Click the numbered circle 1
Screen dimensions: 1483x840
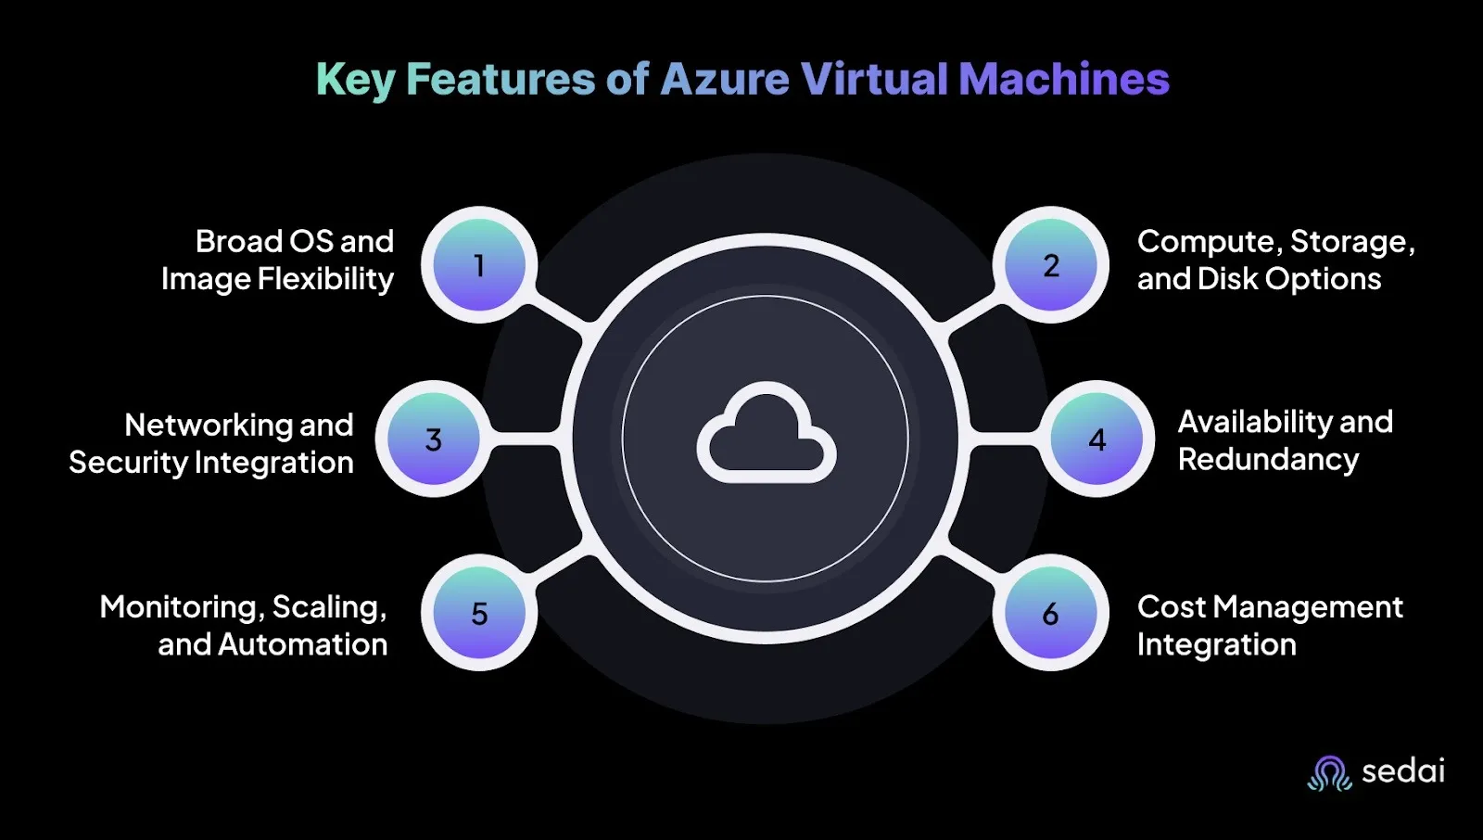(x=479, y=265)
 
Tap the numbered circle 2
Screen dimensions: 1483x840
(x=1051, y=265)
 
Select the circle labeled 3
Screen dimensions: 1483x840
(x=434, y=439)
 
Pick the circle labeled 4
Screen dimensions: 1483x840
(x=1097, y=439)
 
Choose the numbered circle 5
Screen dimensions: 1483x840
(x=479, y=613)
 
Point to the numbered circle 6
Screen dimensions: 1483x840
(x=1051, y=613)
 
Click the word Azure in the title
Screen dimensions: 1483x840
(x=725, y=79)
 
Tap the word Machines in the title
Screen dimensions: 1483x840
(x=1064, y=79)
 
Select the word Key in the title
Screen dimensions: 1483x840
(x=356, y=81)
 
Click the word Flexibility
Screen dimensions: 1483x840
(x=325, y=279)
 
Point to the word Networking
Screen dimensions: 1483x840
(x=209, y=426)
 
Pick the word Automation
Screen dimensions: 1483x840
(x=302, y=644)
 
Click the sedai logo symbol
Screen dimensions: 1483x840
(x=1329, y=774)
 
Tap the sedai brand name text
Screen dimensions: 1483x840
(x=1403, y=771)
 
